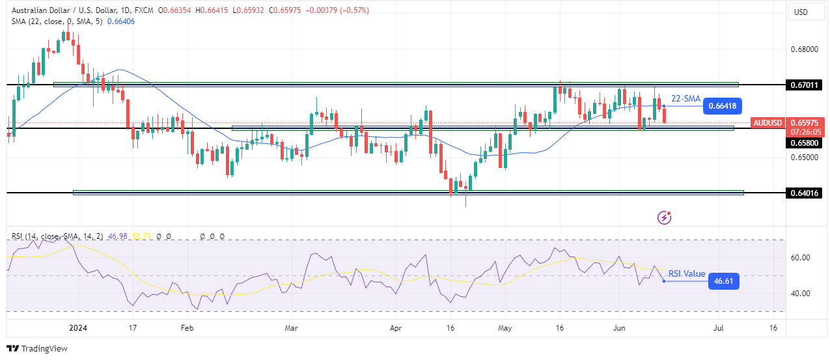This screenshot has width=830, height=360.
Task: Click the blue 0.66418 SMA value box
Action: click(x=723, y=106)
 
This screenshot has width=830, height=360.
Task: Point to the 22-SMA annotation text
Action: click(x=685, y=98)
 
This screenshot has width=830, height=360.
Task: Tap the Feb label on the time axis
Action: click(x=187, y=328)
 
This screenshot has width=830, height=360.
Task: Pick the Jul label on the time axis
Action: click(x=718, y=328)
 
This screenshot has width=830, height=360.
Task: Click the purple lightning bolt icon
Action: click(x=664, y=217)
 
